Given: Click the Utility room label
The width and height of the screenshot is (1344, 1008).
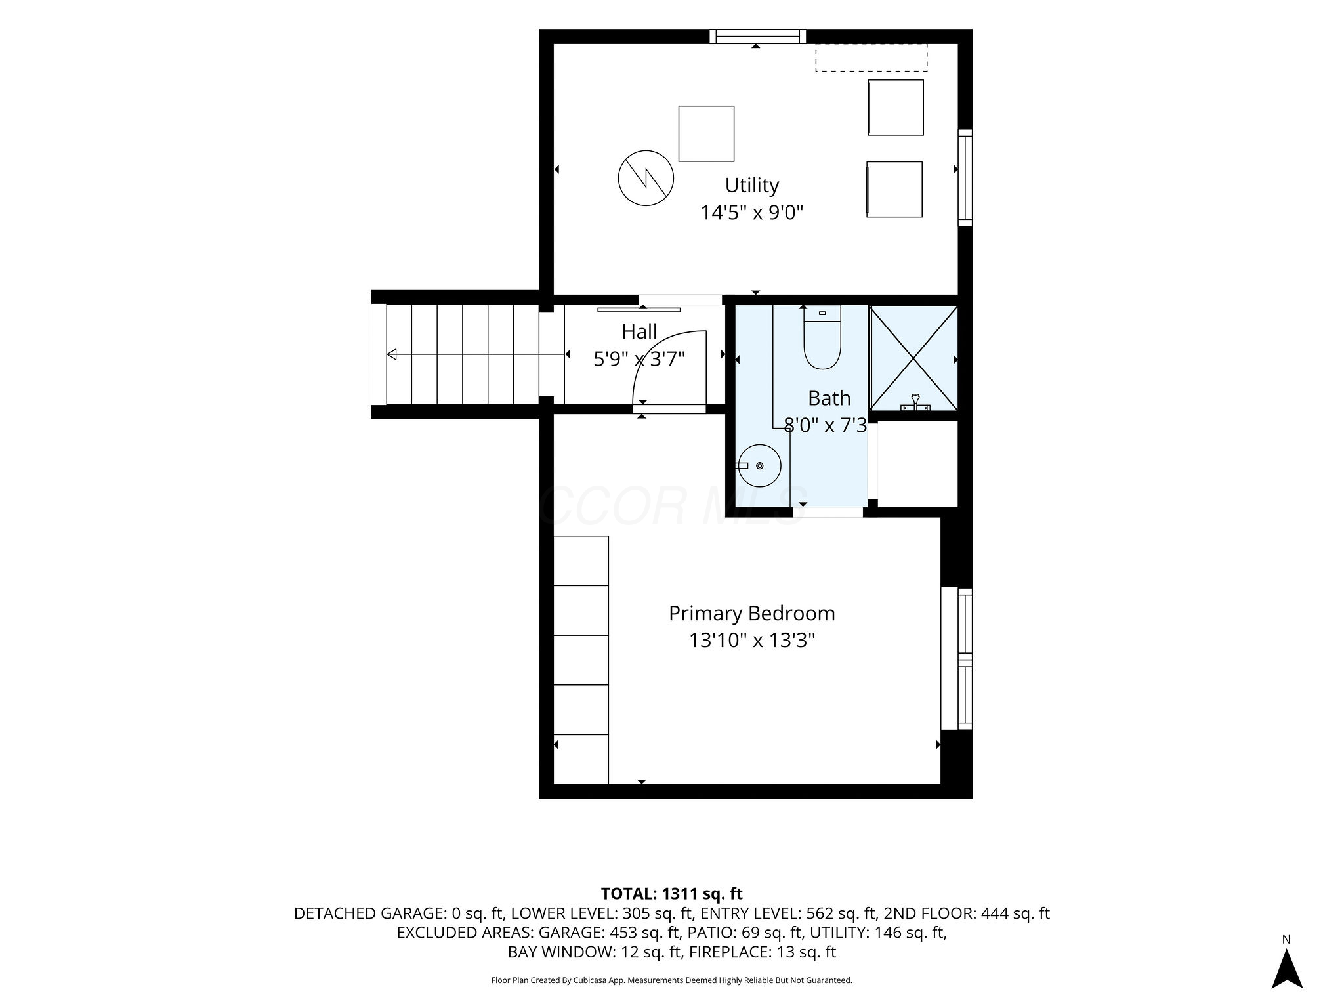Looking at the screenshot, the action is coord(752,186).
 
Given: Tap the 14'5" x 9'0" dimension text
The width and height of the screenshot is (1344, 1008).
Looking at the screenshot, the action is coord(752,213).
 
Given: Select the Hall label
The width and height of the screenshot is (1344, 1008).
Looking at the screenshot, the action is coord(639,332).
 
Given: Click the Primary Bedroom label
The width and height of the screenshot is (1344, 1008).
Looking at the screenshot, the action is coord(752,614).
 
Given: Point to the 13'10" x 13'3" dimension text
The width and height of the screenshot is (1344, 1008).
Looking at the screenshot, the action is coord(752,640).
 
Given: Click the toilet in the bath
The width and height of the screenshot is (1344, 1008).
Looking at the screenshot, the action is coord(822,337).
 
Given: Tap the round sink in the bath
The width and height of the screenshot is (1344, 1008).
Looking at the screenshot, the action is coord(759,465).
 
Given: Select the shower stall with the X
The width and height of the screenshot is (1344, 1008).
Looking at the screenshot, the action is coord(913,358).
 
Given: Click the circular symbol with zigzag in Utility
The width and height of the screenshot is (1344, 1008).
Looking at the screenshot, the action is coord(646,178).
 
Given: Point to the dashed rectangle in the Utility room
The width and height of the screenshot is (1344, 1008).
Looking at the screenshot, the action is coord(871,57).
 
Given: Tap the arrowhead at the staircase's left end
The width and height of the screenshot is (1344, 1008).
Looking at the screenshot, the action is coord(392,355).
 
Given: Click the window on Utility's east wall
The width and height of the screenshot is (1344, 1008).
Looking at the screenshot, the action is coord(965,178).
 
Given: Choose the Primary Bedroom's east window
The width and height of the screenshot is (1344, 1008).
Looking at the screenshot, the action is coord(957,659).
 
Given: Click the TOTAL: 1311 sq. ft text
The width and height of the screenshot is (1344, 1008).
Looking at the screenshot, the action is coord(672,894).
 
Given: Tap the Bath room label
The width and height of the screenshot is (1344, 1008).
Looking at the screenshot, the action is coord(829,398).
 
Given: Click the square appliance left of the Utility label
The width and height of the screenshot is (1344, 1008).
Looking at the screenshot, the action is coord(706,133).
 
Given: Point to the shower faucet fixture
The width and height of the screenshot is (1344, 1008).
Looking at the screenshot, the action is coord(915,402).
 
